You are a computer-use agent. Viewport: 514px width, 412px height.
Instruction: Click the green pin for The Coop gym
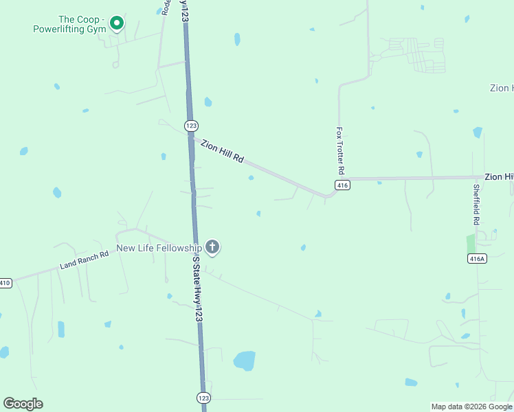click(x=117, y=23)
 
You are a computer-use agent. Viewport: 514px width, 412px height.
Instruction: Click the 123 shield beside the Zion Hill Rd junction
click(x=191, y=125)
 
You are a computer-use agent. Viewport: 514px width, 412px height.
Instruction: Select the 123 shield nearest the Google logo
click(x=203, y=398)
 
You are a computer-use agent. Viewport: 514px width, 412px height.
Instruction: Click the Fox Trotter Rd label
click(x=339, y=149)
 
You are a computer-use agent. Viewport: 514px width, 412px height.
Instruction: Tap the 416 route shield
click(x=343, y=185)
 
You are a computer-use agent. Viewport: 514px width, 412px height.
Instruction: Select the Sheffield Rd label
click(x=476, y=205)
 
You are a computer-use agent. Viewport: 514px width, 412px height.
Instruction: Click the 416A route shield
click(x=476, y=258)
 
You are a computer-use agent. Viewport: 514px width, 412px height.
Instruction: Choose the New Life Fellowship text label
click(x=159, y=248)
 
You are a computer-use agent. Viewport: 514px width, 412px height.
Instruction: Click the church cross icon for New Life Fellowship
click(x=212, y=247)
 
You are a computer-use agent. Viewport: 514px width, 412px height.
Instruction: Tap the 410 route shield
click(x=5, y=283)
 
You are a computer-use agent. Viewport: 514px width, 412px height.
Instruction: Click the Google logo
click(x=23, y=404)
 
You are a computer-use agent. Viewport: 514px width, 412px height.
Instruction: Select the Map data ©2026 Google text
click(x=472, y=407)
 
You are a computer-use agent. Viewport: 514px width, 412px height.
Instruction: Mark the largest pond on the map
click(x=244, y=360)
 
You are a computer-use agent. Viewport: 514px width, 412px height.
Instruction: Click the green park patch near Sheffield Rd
click(x=471, y=244)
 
